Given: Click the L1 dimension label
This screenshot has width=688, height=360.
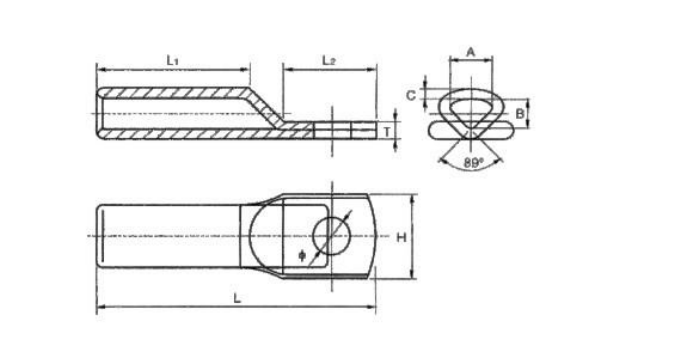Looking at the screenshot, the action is point(172,60).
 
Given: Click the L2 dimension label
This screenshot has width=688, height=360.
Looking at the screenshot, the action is point(329,60).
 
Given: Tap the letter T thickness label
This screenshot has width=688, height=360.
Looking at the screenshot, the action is point(387,132).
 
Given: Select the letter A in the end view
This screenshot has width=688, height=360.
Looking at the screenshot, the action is point(470,52).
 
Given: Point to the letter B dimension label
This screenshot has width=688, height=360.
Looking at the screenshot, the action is point(520,114).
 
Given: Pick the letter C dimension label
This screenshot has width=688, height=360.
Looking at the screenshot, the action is point(411,95).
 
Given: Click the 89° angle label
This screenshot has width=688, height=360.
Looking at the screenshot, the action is point(473,163).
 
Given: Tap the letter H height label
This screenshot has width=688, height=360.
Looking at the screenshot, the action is point(401,238).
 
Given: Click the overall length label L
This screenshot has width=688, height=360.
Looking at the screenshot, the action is point(237,299).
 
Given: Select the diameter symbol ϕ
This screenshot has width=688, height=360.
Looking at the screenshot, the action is point(302,255).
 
